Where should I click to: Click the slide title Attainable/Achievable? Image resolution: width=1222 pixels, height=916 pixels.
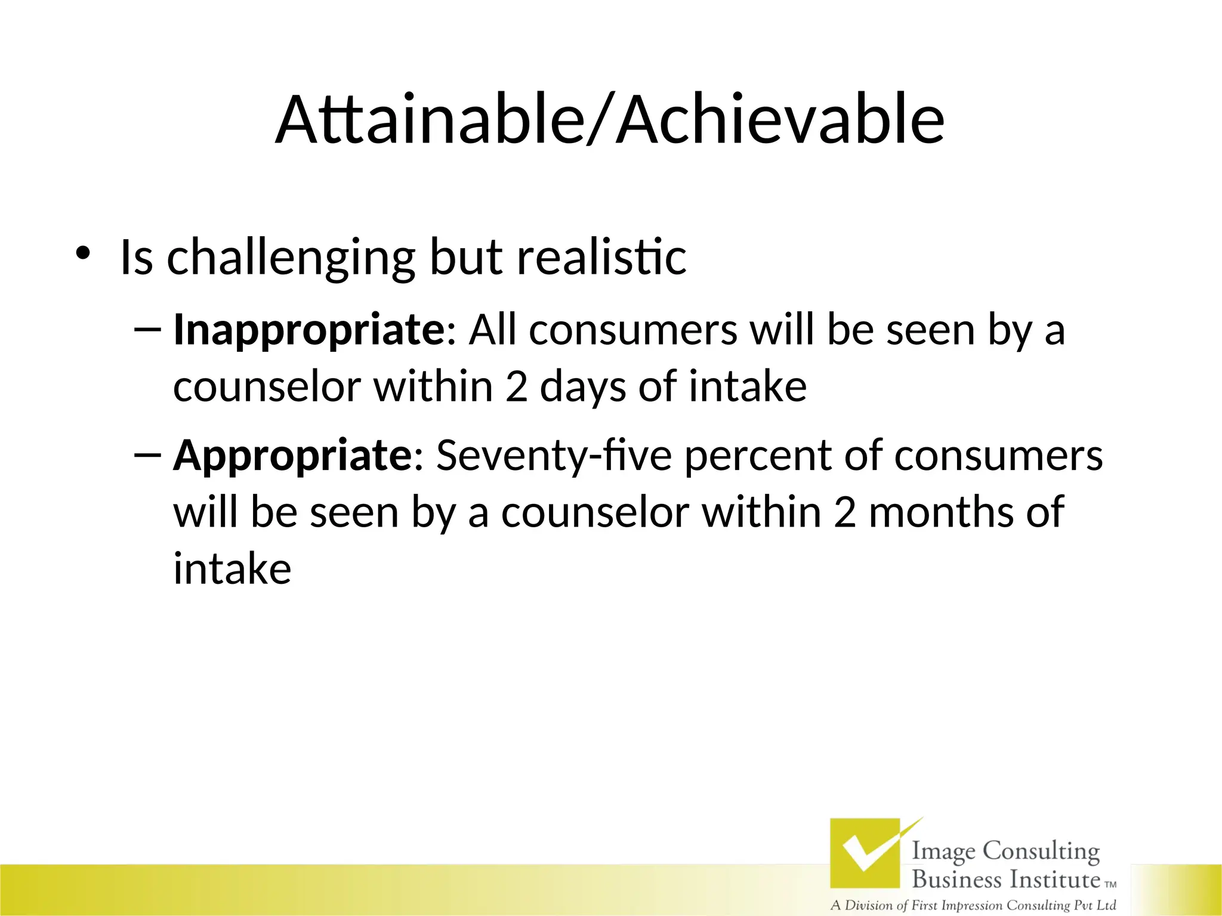click(x=610, y=120)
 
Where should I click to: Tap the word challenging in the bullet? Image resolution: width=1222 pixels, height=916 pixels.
click(x=291, y=258)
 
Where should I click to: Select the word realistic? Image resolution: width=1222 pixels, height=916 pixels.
click(x=601, y=257)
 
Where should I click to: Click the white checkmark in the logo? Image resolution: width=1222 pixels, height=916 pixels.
click(x=868, y=849)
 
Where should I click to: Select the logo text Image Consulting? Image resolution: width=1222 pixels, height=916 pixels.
click(x=1005, y=851)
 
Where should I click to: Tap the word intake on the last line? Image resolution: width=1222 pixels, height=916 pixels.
click(x=232, y=569)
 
